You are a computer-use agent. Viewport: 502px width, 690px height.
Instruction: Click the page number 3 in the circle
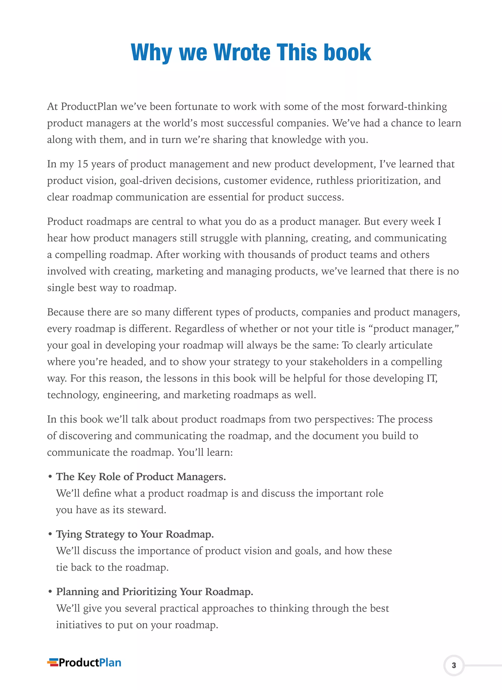click(x=454, y=665)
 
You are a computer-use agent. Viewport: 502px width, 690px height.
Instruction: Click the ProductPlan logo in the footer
click(x=84, y=663)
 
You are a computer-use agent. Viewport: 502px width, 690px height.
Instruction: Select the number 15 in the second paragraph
click(x=83, y=164)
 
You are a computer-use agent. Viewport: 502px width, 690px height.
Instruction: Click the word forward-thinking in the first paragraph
click(x=407, y=107)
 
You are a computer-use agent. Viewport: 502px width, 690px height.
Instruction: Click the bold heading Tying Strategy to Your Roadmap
click(x=135, y=534)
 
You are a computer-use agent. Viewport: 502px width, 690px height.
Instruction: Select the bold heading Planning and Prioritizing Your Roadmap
click(x=155, y=592)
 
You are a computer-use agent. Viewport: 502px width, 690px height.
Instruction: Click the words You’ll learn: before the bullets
click(x=205, y=452)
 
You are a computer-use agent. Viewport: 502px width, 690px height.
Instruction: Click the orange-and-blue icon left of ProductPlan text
click(x=53, y=663)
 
